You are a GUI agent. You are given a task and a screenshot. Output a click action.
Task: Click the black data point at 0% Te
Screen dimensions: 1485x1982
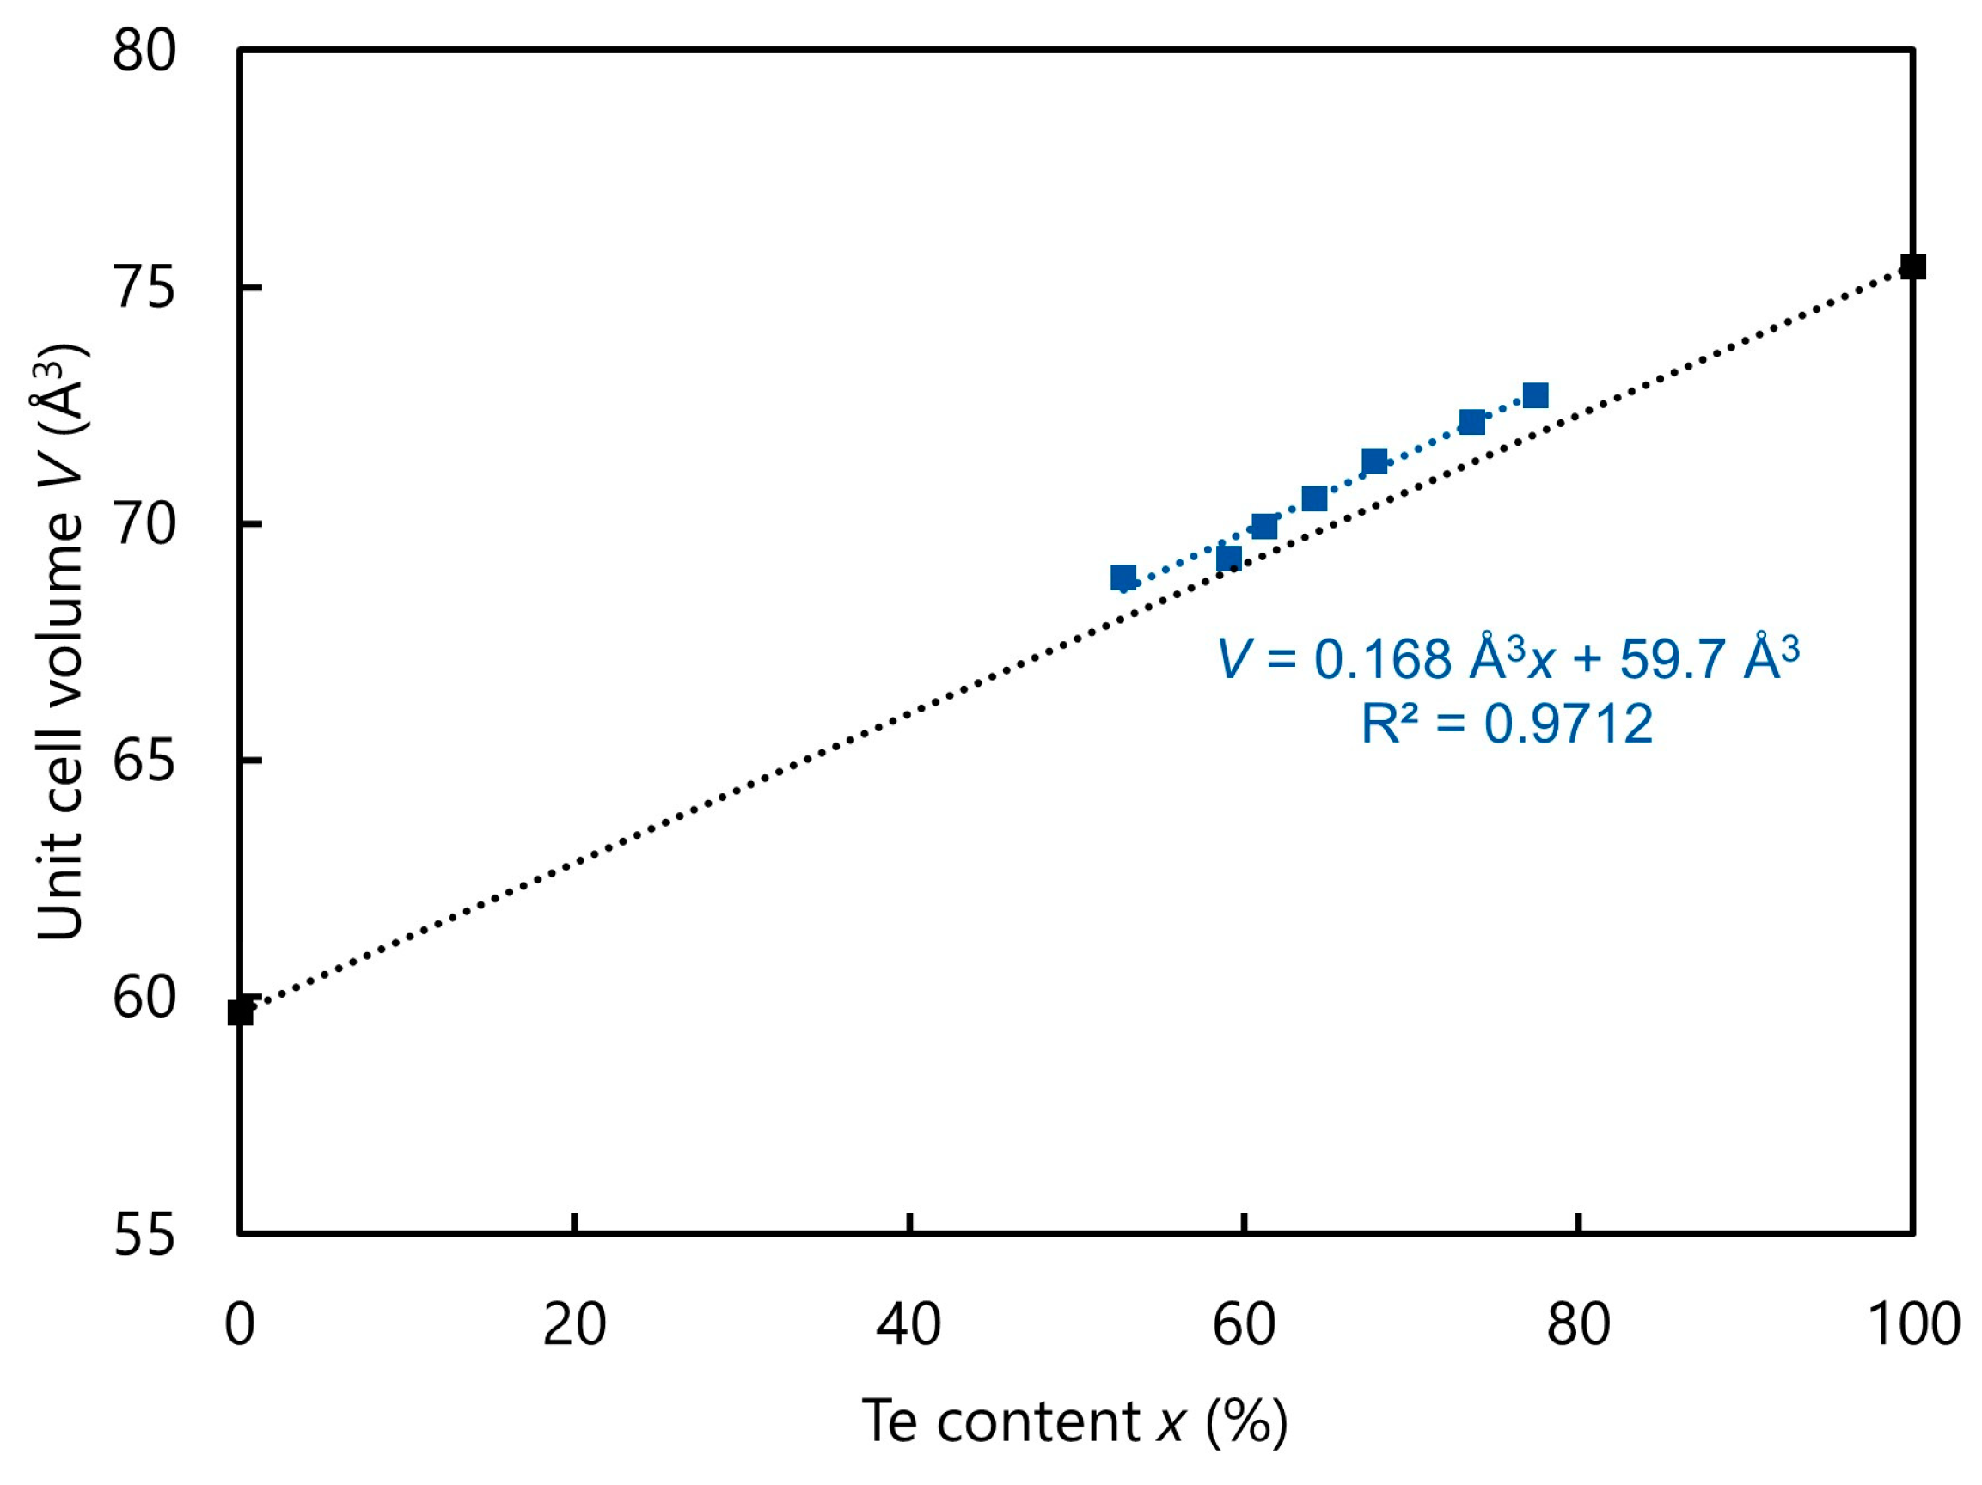click(x=240, y=1012)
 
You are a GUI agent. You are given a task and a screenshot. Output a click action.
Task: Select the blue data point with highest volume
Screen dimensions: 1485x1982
click(x=1535, y=395)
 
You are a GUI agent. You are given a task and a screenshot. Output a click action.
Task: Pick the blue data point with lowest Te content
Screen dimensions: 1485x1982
click(x=1123, y=577)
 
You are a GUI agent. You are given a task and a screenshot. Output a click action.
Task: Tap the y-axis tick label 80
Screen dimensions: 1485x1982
click(x=144, y=51)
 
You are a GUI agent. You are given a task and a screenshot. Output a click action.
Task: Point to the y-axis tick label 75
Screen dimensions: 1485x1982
click(x=144, y=288)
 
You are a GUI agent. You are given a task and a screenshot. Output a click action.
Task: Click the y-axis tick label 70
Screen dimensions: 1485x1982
click(x=144, y=524)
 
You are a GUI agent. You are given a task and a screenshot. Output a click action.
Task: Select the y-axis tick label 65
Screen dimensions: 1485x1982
click(x=144, y=761)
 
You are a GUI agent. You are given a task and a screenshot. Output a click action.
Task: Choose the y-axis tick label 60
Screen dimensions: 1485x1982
click(x=144, y=997)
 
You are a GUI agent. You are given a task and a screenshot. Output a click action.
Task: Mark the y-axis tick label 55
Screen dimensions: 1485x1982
click(x=144, y=1234)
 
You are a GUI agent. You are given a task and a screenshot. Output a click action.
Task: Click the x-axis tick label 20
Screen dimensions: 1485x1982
click(x=574, y=1324)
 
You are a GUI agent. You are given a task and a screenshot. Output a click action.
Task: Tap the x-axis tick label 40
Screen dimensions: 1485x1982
click(x=908, y=1324)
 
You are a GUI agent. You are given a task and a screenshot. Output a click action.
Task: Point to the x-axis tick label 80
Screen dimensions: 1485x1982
click(x=1578, y=1324)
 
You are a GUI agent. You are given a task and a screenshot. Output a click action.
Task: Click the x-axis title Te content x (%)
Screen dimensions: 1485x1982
click(x=1074, y=1421)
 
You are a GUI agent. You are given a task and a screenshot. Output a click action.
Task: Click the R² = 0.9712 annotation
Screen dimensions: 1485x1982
click(x=1506, y=723)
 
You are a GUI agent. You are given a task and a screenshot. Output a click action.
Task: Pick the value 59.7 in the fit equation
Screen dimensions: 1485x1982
click(x=1660, y=659)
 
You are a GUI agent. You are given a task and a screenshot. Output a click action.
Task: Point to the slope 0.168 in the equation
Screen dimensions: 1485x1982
click(x=1382, y=659)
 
